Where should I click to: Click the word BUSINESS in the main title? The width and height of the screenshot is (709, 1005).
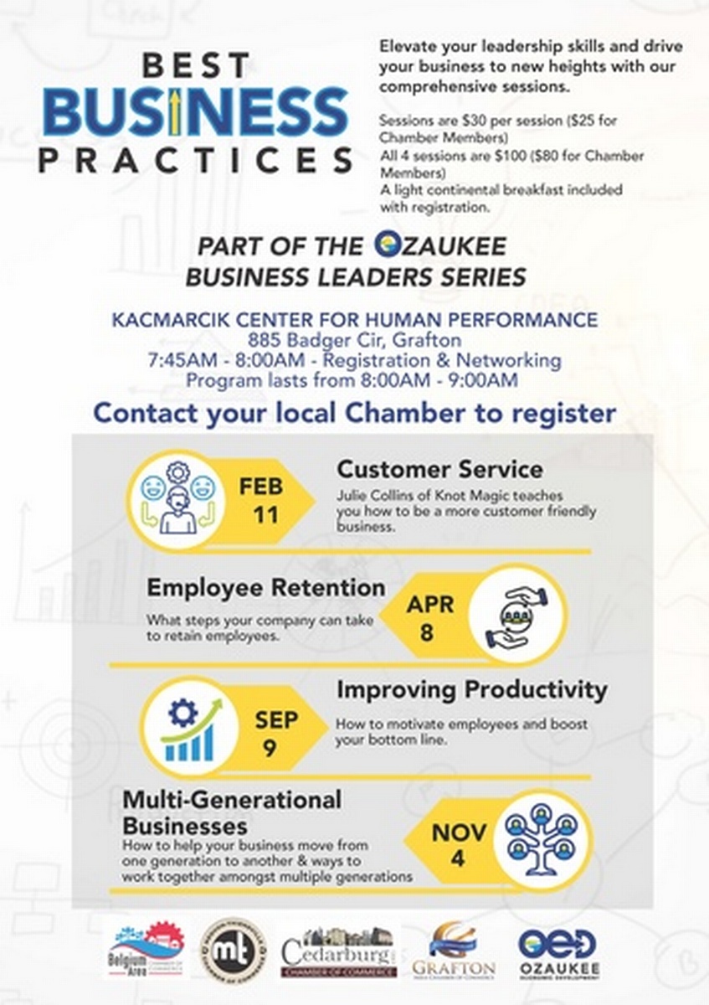point(195,112)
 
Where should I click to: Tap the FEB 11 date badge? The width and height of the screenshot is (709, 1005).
point(262,501)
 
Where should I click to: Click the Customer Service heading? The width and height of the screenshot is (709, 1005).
point(439,468)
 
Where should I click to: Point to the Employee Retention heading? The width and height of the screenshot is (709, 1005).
point(266,588)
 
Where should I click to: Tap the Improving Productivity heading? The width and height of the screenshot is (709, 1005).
point(471,690)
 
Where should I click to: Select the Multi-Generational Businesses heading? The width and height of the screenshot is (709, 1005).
point(232,812)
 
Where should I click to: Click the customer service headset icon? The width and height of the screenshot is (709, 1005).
point(177,501)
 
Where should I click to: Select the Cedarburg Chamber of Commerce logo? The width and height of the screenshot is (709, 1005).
point(338,952)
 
